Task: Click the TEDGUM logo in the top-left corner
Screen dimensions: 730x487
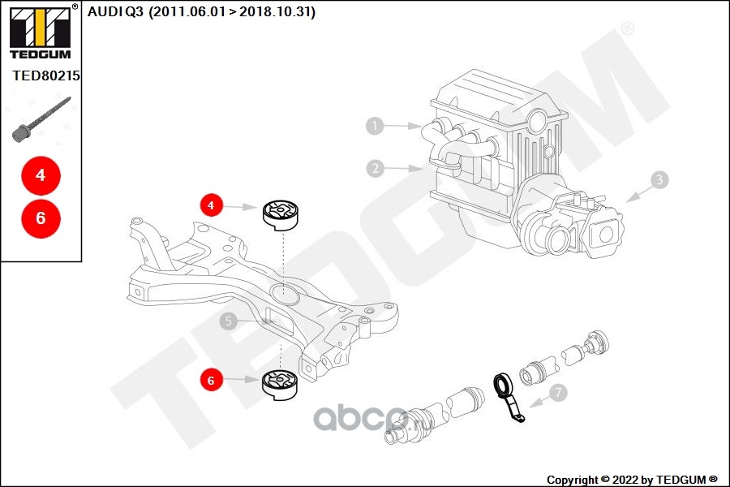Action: coord(41,32)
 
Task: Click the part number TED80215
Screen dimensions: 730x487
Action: coord(46,75)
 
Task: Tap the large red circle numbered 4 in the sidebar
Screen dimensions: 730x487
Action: coord(41,175)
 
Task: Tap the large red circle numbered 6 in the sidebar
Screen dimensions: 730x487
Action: coord(41,218)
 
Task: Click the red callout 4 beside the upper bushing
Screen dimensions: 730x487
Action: coord(212,205)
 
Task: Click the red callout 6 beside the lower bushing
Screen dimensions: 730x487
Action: coord(212,381)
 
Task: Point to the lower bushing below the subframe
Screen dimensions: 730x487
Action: coord(281,385)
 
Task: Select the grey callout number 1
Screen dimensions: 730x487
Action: coord(375,126)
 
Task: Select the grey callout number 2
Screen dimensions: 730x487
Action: coord(376,168)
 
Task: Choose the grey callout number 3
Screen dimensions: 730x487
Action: coord(659,180)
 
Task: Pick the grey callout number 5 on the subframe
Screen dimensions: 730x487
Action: coord(229,321)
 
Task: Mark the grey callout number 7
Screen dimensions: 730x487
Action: coord(558,393)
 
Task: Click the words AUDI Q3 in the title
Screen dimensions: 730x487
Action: coord(115,11)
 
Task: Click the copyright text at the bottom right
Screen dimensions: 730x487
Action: coord(632,480)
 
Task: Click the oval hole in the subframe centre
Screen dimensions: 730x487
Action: coord(285,294)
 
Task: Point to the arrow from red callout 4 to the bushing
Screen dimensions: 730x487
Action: coord(242,206)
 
